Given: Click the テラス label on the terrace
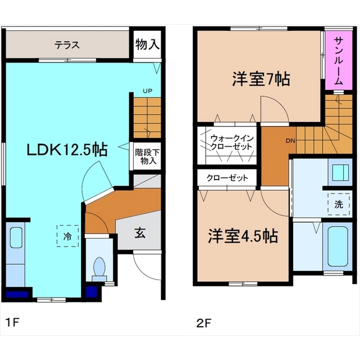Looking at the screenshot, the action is click(67, 45).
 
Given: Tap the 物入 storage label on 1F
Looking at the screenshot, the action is click(147, 44).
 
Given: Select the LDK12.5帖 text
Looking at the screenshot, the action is click(67, 150).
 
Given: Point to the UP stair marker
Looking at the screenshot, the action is click(147, 91).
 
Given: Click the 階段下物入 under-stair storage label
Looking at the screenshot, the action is click(147, 156).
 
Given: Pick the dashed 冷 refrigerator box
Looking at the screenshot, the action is click(67, 236).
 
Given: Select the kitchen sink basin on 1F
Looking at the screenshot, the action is click(16, 237).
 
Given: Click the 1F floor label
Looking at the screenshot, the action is click(12, 322).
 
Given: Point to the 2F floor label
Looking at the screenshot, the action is click(204, 323).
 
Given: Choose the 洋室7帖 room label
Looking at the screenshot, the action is click(261, 79).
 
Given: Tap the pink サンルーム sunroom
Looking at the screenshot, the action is click(339, 60).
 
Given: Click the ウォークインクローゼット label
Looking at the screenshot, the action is click(232, 142).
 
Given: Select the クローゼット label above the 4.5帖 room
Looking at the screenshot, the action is click(227, 178).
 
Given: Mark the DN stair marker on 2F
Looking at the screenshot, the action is click(290, 141).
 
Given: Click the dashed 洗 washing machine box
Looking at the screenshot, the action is click(339, 204).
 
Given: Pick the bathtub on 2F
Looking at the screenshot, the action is click(337, 246).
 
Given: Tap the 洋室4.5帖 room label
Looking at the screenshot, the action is click(243, 236).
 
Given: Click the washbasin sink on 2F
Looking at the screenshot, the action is click(340, 173).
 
